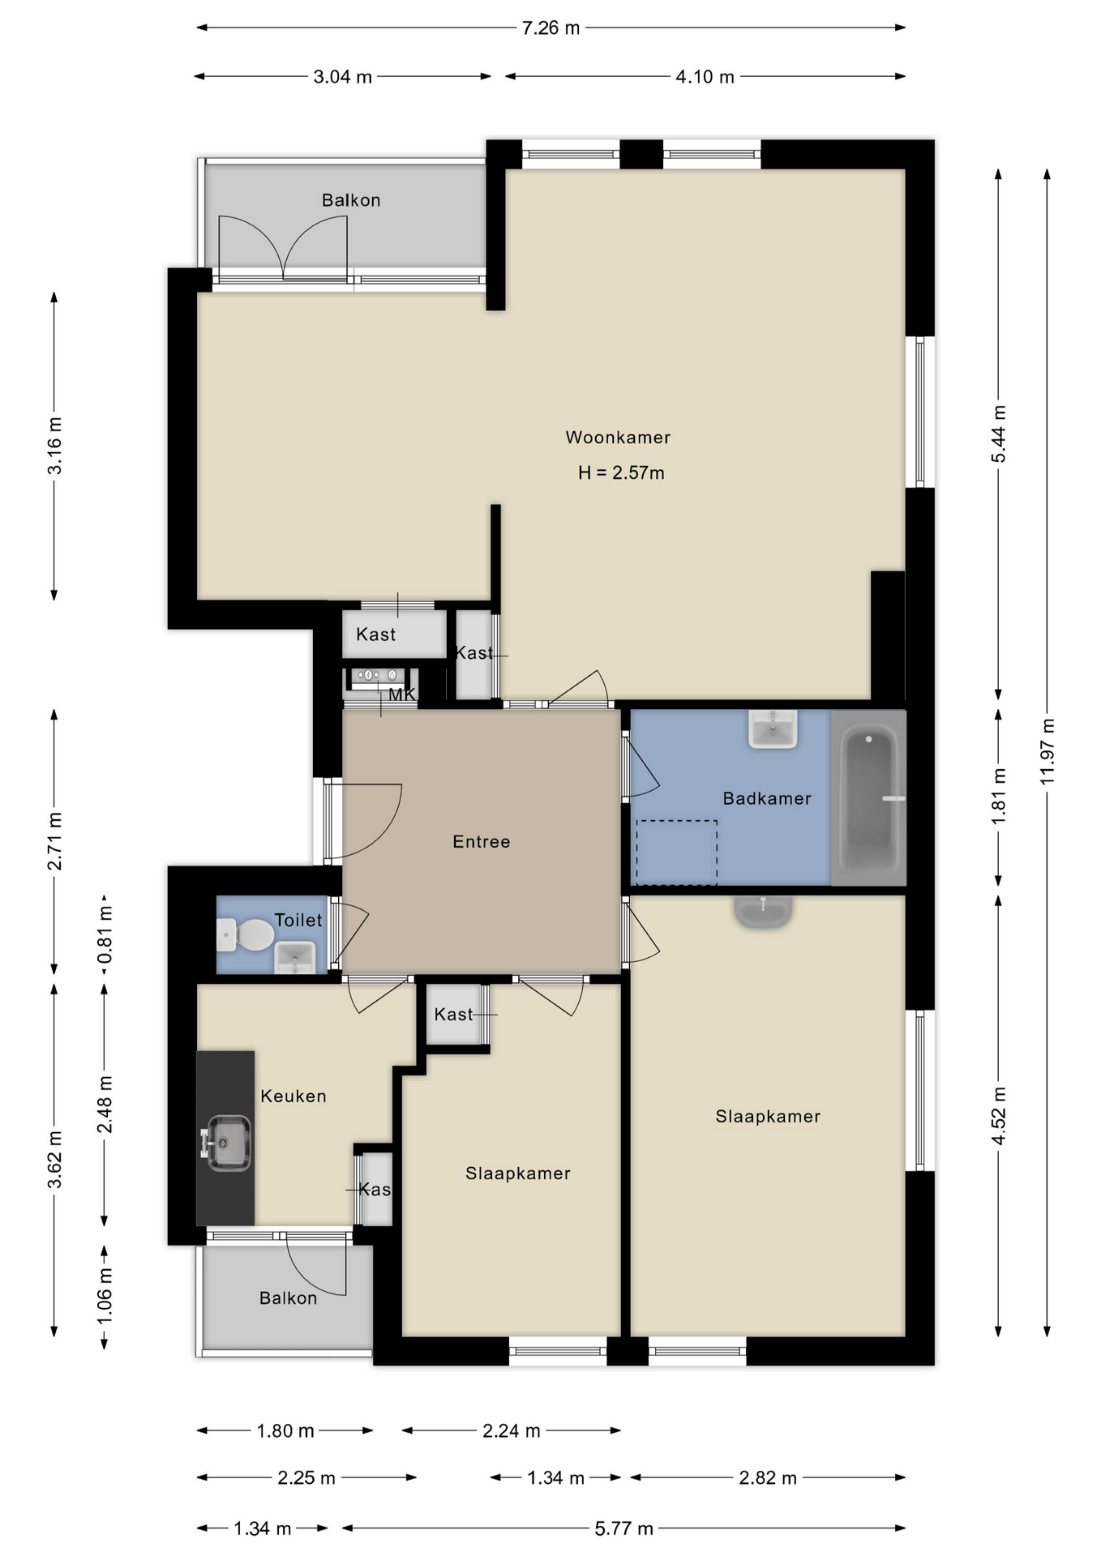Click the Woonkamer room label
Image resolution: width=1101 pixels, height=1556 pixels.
[618, 438]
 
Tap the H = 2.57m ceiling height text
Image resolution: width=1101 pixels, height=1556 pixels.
[621, 473]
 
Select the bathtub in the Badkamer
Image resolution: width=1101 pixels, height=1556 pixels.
[869, 798]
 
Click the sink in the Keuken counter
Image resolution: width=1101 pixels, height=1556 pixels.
[227, 1143]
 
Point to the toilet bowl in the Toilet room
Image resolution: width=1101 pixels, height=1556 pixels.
[247, 934]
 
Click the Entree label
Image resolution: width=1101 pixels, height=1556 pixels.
[482, 842]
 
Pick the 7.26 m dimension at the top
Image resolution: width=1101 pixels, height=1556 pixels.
[550, 28]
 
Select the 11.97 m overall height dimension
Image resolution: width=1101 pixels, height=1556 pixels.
[1047, 751]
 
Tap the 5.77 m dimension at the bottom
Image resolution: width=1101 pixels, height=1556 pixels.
[623, 1528]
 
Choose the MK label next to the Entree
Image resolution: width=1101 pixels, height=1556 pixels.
[402, 695]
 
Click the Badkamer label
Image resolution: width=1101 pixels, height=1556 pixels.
[767, 799]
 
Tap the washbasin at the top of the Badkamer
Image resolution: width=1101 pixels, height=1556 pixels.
[773, 729]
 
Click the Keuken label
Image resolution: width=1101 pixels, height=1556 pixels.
[293, 1096]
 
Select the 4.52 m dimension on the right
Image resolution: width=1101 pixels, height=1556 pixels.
[999, 1116]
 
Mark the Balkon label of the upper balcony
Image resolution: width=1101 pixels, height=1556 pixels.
[351, 200]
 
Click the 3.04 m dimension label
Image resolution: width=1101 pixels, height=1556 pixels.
[342, 77]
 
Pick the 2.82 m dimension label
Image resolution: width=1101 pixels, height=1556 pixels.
[768, 1478]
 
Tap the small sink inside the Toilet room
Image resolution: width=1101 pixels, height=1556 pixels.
[294, 956]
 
